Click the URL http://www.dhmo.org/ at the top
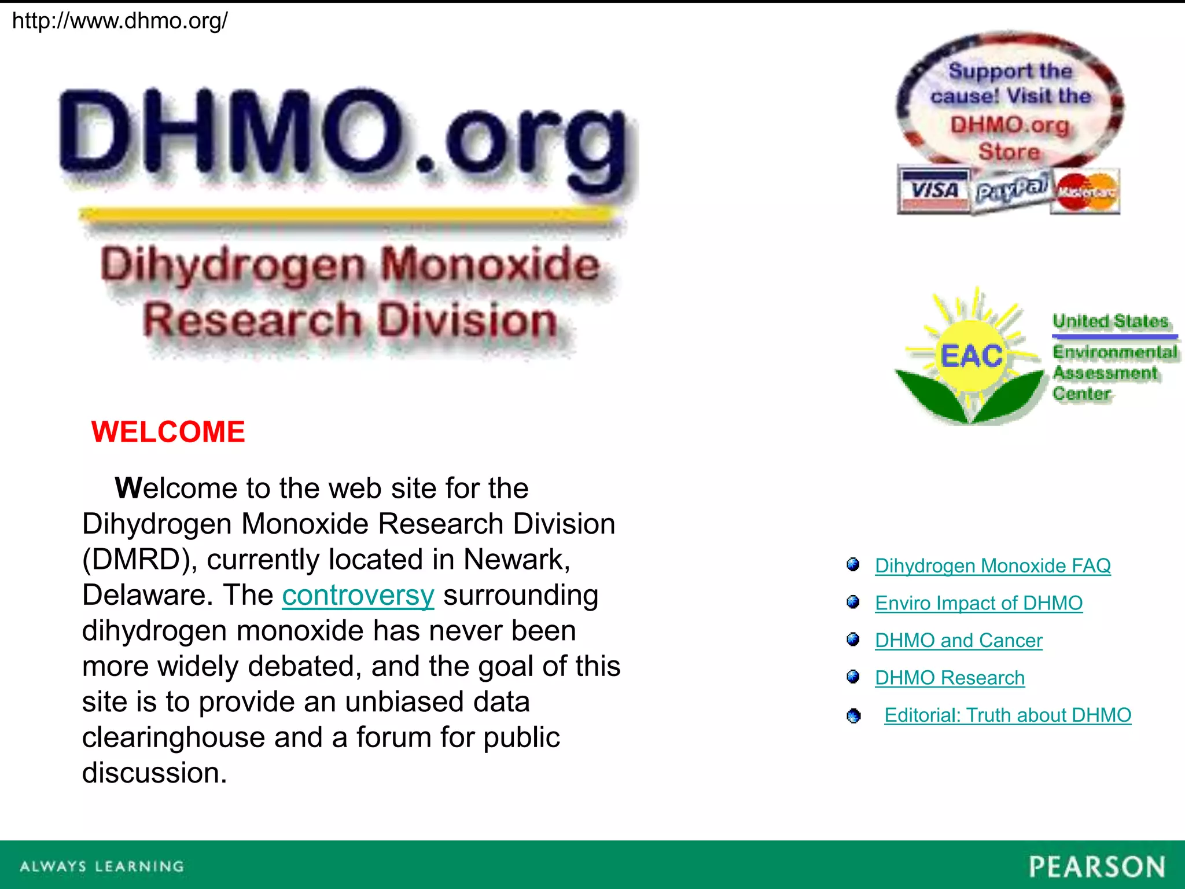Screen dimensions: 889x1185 [120, 21]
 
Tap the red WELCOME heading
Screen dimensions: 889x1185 [168, 432]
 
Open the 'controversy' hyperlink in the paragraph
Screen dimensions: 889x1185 [358, 596]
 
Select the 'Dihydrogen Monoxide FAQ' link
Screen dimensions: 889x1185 [992, 565]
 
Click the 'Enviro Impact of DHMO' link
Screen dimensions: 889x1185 [978, 603]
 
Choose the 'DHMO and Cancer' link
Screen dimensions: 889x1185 [958, 641]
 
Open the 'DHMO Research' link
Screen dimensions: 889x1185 [950, 678]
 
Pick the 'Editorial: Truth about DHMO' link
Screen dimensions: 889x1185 [1007, 715]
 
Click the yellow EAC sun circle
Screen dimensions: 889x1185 [971, 355]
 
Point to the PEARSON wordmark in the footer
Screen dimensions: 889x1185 [1096, 867]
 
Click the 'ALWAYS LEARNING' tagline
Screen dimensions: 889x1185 [102, 866]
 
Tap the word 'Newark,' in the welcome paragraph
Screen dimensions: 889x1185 [517, 560]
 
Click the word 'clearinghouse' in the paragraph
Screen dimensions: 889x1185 [174, 738]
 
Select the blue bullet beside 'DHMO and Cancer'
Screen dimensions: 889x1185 [853, 640]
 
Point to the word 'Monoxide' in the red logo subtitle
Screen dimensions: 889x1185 [491, 265]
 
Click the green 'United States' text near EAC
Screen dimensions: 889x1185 [1110, 321]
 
